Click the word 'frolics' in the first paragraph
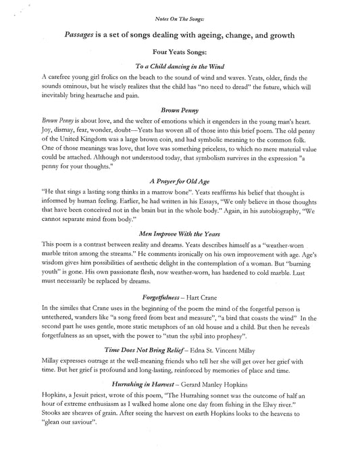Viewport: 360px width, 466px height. coord(116,78)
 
